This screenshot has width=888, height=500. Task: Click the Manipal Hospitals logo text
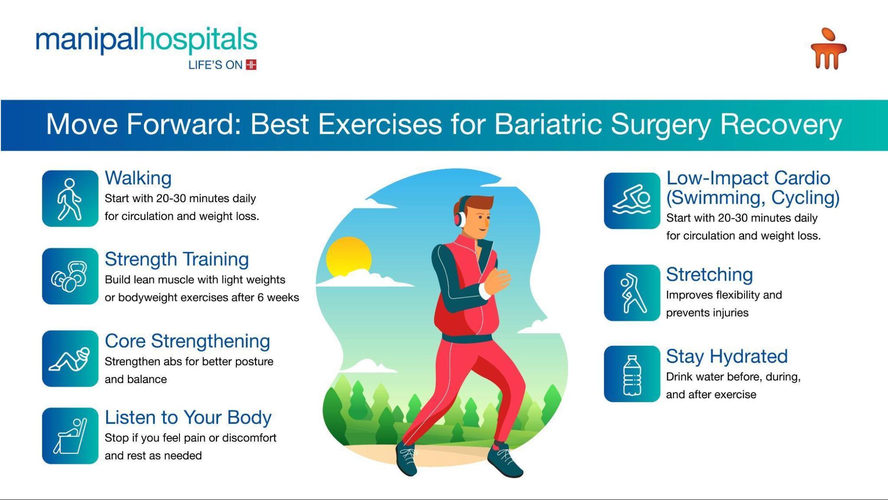[146, 40]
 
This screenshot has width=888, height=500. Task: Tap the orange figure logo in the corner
[828, 49]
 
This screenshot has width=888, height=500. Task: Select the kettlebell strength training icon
[70, 276]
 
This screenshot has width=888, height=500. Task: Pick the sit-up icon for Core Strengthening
[70, 358]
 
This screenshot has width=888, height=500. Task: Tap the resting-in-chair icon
[70, 436]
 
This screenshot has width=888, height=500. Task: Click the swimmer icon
[632, 200]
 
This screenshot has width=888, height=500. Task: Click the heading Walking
[138, 178]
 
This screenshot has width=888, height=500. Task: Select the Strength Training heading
[177, 260]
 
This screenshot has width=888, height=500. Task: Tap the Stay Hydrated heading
[727, 356]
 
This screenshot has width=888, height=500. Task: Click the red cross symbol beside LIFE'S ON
[251, 65]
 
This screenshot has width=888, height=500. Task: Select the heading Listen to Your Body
[188, 418]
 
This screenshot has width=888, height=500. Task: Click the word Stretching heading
[709, 275]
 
